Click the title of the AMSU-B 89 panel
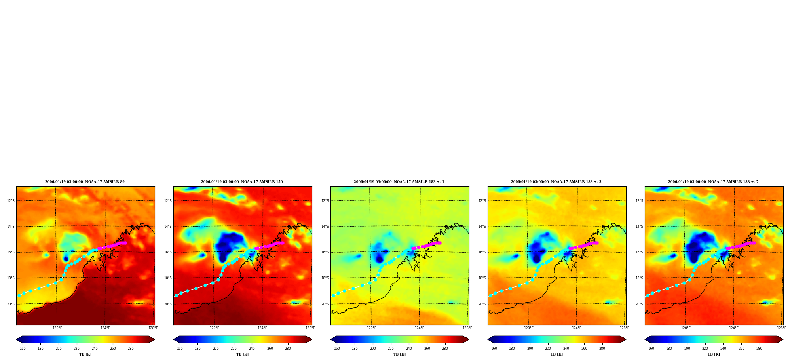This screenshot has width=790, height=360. [85, 182]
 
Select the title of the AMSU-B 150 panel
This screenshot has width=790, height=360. [242, 182]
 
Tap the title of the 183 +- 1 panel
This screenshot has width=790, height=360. [399, 182]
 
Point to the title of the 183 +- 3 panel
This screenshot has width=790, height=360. [556, 182]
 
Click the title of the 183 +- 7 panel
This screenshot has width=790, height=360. [713, 182]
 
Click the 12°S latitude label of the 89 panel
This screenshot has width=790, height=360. [11, 201]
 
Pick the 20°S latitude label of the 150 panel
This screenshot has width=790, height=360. [168, 304]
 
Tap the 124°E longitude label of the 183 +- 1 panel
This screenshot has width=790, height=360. [420, 328]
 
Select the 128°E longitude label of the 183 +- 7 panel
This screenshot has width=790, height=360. [782, 328]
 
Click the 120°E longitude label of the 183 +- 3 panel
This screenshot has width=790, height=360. [529, 328]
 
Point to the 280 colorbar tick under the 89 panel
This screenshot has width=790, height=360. [131, 349]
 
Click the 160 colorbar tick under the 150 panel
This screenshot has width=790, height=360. [180, 349]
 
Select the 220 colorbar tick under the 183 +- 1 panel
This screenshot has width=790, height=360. [391, 349]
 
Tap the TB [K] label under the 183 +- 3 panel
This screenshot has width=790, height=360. [556, 354]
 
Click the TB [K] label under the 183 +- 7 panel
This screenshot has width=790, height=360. [714, 354]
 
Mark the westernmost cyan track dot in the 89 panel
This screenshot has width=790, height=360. [19, 296]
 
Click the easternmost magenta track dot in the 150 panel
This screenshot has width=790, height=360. [283, 243]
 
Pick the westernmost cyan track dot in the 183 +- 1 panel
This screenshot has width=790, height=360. [333, 296]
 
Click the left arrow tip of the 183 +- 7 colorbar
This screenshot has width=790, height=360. [645, 339]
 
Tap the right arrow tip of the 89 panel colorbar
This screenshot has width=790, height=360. [154, 339]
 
